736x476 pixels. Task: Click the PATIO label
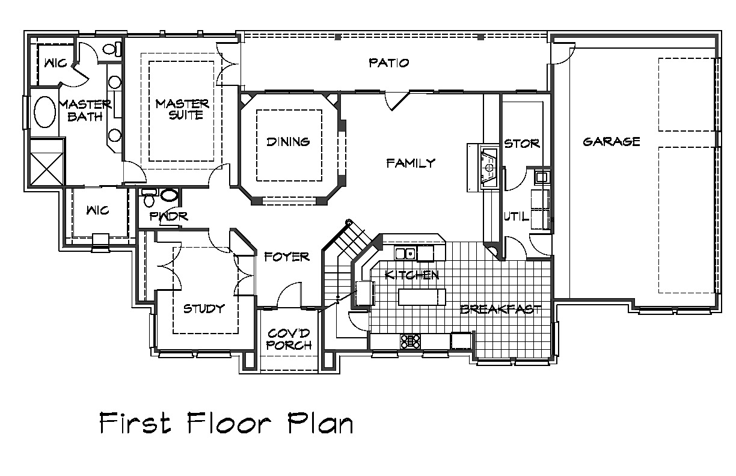click(388, 63)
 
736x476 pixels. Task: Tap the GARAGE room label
click(612, 142)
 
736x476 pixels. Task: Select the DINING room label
click(288, 142)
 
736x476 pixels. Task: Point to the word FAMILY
click(411, 163)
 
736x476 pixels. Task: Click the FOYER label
click(287, 257)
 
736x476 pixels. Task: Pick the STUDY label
click(204, 308)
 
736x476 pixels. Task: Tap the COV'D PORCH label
click(289, 340)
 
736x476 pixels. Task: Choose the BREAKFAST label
click(500, 309)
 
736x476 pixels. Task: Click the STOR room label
click(522, 144)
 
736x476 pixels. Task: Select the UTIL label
click(517, 216)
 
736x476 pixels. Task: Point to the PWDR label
click(168, 216)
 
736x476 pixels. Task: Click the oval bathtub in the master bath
click(44, 112)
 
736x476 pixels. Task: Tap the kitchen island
click(422, 297)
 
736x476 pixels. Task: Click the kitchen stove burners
click(410, 341)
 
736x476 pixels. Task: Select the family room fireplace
click(489, 168)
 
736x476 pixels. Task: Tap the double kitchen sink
click(405, 254)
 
